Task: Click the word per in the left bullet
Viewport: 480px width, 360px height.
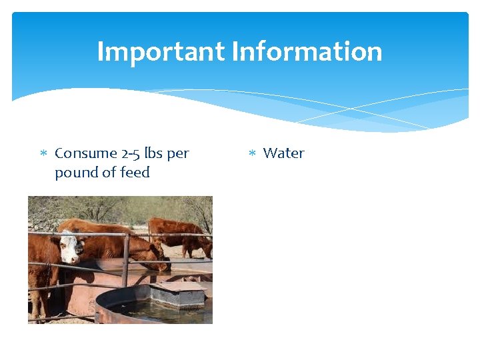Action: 178,153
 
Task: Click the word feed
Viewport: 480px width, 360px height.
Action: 134,173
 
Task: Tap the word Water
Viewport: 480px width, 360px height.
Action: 283,153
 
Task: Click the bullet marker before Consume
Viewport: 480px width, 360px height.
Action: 43,154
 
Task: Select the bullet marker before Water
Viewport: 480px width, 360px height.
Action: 252,154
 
